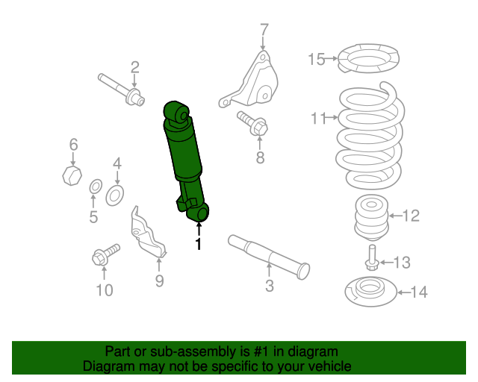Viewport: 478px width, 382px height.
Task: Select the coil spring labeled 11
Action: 370,137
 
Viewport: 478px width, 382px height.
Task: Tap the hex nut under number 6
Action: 72,175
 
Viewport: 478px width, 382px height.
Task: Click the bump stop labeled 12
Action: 372,219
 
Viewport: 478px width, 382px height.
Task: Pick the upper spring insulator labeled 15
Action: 368,58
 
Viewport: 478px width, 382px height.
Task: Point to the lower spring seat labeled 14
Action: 371,292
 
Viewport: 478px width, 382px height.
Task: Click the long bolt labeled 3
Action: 269,257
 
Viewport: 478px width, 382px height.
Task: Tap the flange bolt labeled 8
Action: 252,123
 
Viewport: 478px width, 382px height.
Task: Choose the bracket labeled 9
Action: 147,234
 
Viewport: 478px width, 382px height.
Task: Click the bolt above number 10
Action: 106,254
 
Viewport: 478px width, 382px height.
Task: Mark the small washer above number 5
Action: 96,187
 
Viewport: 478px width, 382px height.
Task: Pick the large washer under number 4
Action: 114,195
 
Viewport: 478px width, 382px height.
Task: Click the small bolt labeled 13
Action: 372,258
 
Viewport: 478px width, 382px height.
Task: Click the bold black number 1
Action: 199,244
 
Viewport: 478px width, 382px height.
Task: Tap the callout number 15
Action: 317,59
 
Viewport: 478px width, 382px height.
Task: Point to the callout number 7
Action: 264,31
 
